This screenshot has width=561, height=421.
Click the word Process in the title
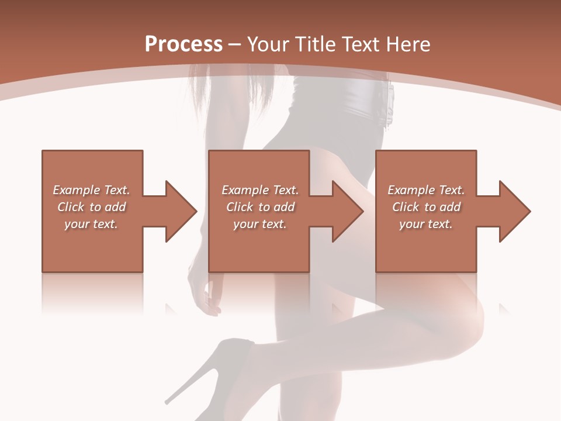pyautogui.click(x=183, y=44)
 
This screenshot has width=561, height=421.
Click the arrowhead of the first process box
pyautogui.click(x=181, y=211)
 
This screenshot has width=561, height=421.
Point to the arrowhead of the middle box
pyautogui.click(x=348, y=211)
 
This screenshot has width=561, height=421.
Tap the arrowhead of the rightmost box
pyautogui.click(x=514, y=211)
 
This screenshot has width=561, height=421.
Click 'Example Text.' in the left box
pyautogui.click(x=91, y=190)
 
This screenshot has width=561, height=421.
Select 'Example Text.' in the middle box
pyautogui.click(x=260, y=190)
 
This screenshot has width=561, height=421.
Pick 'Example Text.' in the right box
pyautogui.click(x=426, y=190)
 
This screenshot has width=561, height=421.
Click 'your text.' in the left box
pyautogui.click(x=91, y=224)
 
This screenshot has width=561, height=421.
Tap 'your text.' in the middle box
pyautogui.click(x=260, y=224)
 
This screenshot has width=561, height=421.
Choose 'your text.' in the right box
pyautogui.click(x=426, y=224)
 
